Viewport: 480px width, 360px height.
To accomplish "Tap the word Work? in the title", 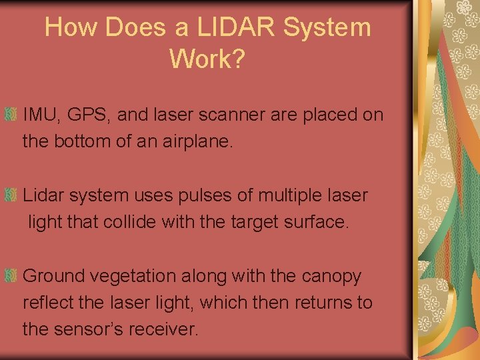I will pos(207,59).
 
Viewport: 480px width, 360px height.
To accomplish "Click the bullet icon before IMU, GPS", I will pos(11,115).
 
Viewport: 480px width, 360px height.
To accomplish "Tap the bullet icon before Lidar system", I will pos(11,195).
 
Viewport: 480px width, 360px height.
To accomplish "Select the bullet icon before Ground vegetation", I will pos(11,276).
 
